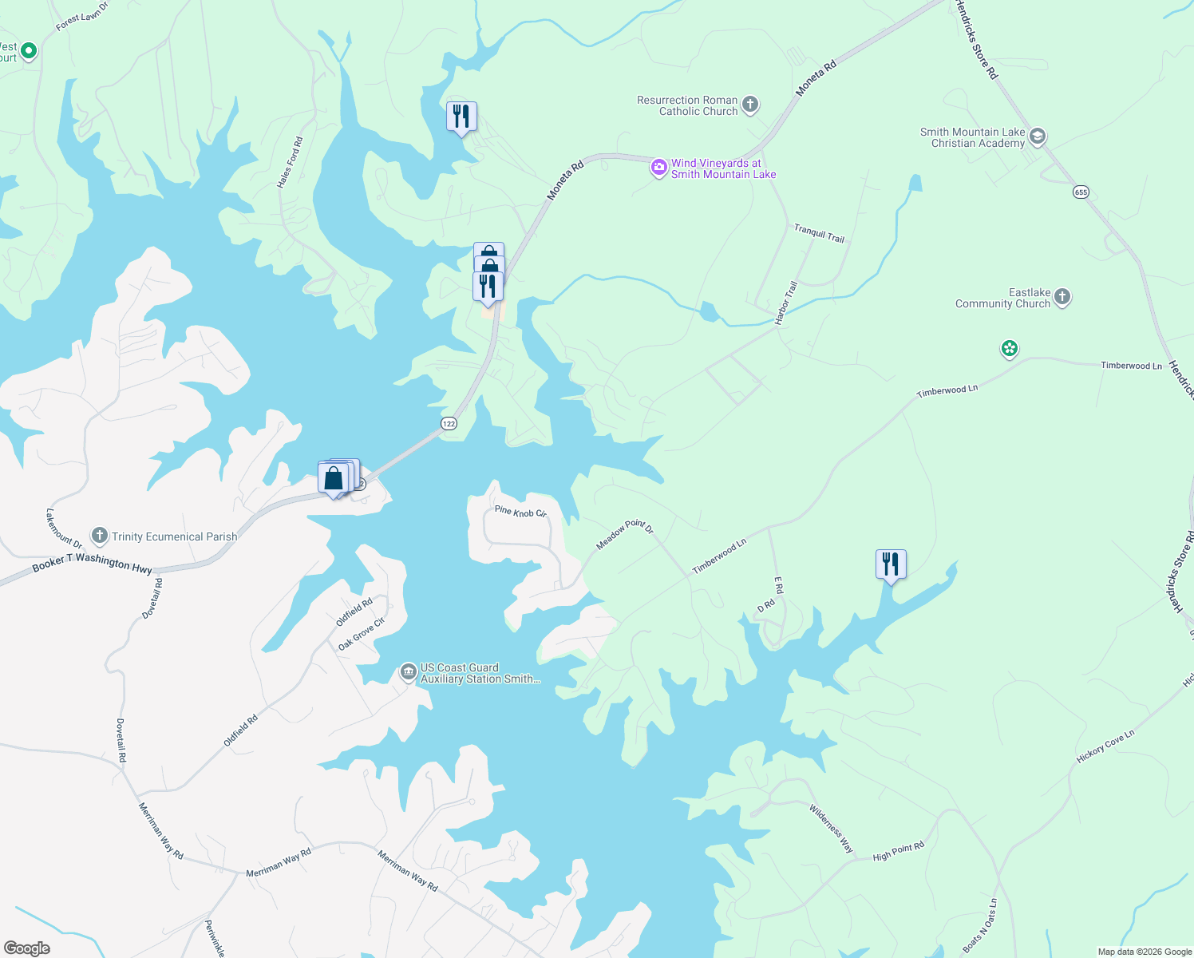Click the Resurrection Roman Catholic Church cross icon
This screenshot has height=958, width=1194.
pos(750,105)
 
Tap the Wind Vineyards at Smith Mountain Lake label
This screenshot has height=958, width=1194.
pos(723,168)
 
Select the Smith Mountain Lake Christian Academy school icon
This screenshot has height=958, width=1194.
pos(1037,137)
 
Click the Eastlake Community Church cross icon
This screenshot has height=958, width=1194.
pos(1062,298)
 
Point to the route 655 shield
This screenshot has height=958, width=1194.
pos(1081,192)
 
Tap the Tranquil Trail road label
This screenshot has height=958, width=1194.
pos(819,233)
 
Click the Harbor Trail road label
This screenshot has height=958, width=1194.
pos(786,303)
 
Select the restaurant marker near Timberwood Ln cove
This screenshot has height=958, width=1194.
pos(890,564)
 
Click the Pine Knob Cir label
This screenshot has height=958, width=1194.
pos(520,511)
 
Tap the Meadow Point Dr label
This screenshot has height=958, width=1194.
pos(625,534)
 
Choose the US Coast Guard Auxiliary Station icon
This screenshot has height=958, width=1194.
pos(409,673)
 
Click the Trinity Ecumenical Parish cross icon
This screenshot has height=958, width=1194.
pos(100,536)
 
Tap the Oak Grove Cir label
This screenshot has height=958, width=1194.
pos(362,633)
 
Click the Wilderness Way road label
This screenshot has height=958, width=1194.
pos(831,829)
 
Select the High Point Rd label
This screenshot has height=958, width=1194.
pos(898,851)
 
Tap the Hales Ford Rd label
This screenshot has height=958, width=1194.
pos(290,162)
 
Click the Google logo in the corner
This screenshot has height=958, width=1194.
pos(26,948)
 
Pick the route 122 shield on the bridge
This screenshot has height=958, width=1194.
pos(449,423)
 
